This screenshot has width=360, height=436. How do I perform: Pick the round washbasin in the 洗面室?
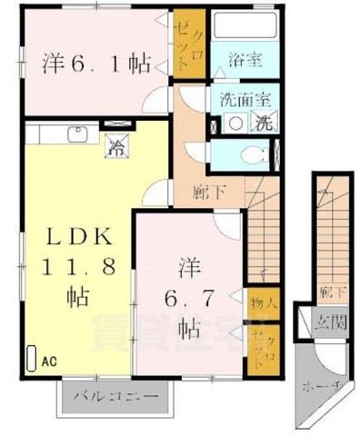pyautogui.click(x=235, y=123)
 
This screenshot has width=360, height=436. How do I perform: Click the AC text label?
pyautogui.click(x=48, y=361)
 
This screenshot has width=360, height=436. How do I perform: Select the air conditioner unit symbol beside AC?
pyautogui.click(x=33, y=358)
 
